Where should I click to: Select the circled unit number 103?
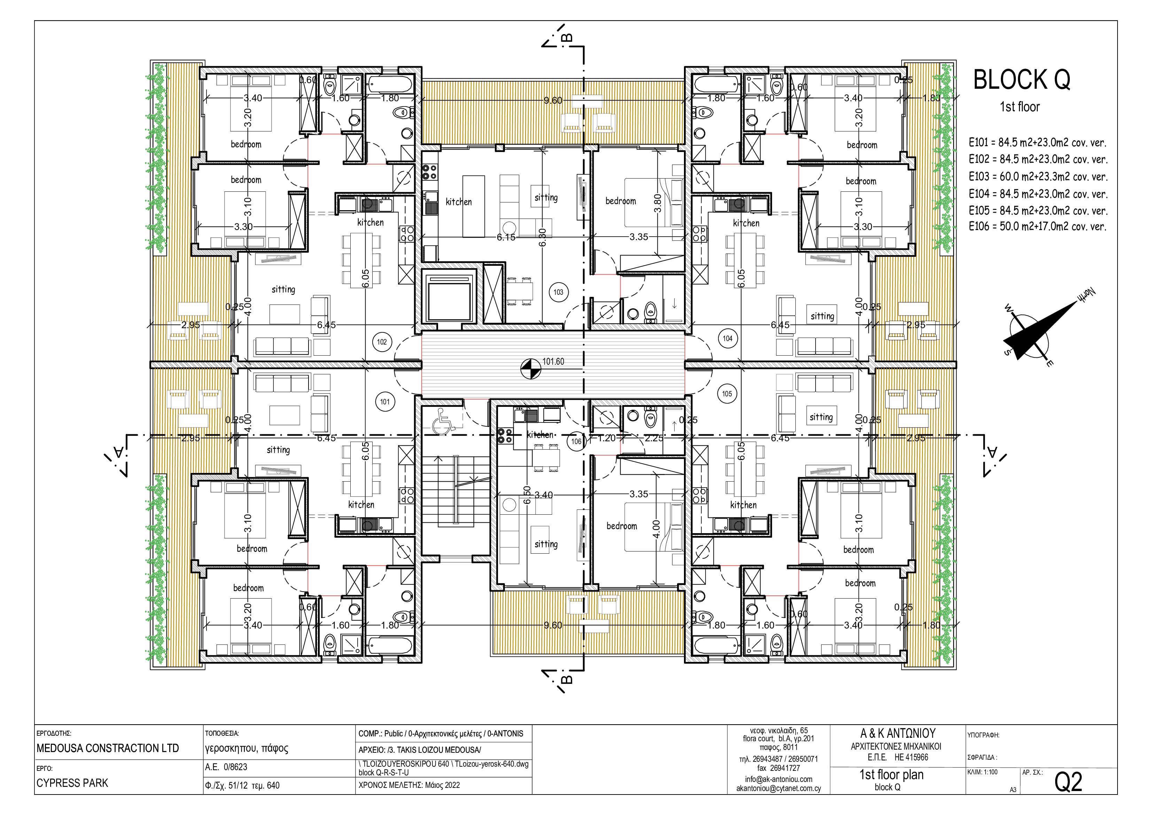point(559,292)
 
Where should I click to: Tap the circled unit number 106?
point(576,441)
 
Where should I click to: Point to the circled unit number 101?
point(385,402)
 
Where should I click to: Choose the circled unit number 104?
point(727,339)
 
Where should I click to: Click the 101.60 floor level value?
point(553,361)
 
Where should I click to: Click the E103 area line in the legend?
point(1038,176)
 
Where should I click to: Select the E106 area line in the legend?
point(1038,226)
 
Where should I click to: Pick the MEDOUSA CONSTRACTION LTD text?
point(108,748)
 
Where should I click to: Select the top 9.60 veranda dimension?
point(553,100)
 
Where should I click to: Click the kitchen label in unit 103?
point(459,201)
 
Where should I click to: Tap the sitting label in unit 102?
point(283,290)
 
